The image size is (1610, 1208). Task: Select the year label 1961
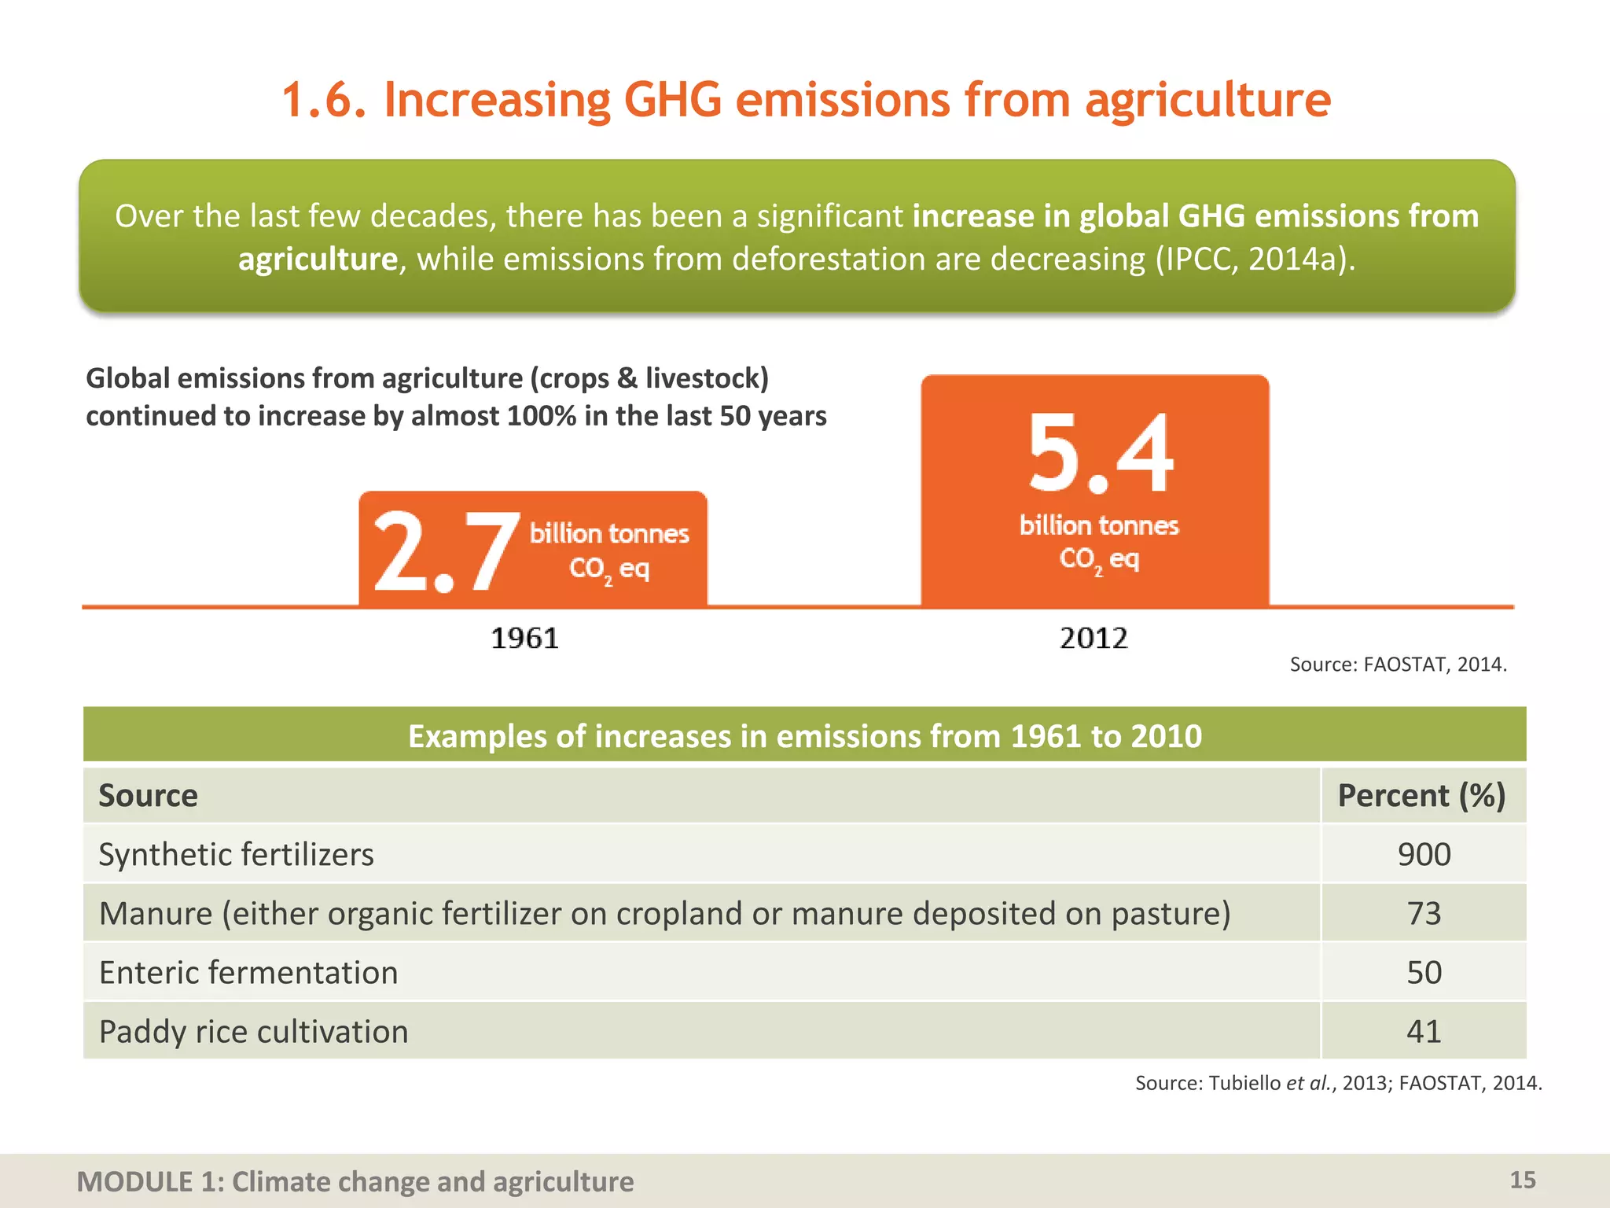tap(524, 638)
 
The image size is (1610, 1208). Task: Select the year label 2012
tap(1094, 638)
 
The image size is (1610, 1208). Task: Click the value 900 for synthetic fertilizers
tap(1424, 854)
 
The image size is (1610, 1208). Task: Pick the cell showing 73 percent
tap(1424, 913)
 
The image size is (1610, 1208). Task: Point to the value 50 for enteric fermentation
tap(1424, 973)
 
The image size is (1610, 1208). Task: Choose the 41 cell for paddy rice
tap(1424, 1032)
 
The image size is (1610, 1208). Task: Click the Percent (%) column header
tap(1421, 795)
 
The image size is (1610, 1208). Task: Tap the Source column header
tap(148, 795)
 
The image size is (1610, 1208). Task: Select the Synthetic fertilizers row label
tap(236, 854)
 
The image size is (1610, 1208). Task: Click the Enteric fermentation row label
tap(248, 973)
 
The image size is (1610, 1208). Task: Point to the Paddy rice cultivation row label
tap(253, 1032)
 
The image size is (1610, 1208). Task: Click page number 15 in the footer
tap(1522, 1180)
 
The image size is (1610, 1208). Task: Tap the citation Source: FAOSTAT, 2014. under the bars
tap(1398, 665)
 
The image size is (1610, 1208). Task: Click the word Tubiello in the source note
tap(1244, 1083)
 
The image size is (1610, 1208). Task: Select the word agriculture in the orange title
tap(1207, 101)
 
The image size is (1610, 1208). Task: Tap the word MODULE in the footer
tap(134, 1181)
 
